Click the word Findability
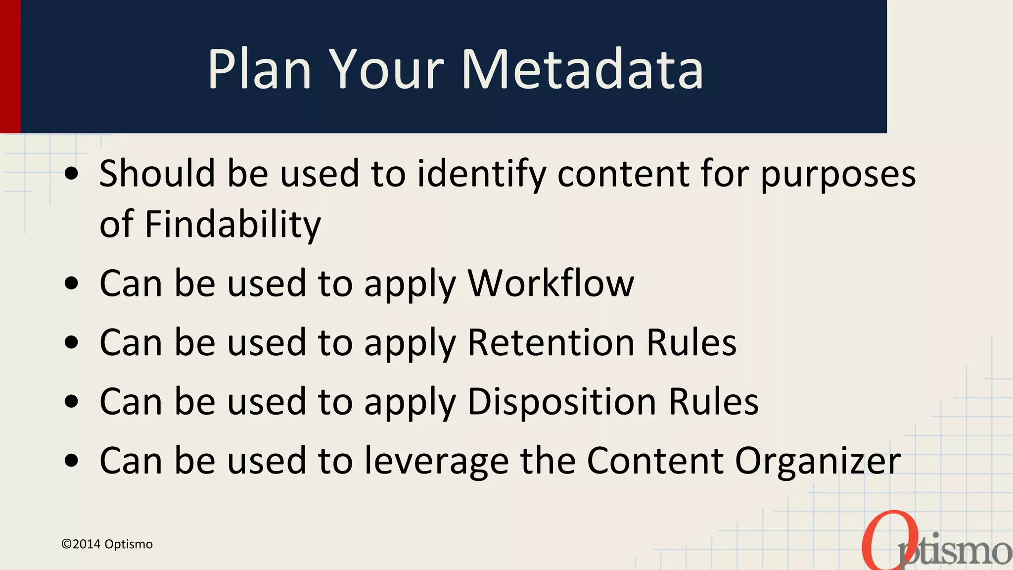point(232,224)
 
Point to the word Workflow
point(551,283)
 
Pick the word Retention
point(551,342)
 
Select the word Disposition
point(561,401)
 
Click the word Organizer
point(817,461)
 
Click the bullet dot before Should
point(72,174)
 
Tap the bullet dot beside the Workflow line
point(72,284)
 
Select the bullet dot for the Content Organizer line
point(72,461)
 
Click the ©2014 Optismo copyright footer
point(107,544)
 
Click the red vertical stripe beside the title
point(10,66)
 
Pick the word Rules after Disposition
point(713,401)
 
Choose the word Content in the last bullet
point(655,461)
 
